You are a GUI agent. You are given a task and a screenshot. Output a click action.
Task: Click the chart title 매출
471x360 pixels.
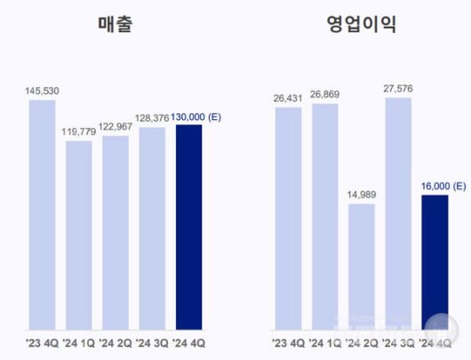[116, 24]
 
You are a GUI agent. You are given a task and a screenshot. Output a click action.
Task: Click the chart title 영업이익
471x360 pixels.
[361, 24]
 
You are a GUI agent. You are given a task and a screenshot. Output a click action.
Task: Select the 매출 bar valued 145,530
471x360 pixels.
[42, 213]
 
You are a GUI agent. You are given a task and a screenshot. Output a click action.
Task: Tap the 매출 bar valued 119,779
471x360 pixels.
[79, 234]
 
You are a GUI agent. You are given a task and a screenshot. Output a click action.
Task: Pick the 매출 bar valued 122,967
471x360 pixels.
[116, 231]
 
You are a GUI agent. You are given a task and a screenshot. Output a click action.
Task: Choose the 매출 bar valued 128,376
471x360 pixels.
[152, 228]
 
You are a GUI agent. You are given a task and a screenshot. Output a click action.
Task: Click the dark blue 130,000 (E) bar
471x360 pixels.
[189, 226]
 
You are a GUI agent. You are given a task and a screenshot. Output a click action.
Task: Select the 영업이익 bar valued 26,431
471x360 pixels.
[288, 217]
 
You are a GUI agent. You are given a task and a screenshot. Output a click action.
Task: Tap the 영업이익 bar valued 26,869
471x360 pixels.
[325, 216]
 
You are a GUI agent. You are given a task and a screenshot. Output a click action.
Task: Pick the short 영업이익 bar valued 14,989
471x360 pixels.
[362, 266]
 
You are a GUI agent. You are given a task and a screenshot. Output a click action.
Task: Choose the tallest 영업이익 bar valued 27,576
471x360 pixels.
[398, 213]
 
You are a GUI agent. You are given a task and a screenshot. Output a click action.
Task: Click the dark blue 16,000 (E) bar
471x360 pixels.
[435, 261]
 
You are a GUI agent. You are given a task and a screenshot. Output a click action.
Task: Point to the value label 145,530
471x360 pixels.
[42, 90]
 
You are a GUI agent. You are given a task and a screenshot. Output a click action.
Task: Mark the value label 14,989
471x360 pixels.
[362, 194]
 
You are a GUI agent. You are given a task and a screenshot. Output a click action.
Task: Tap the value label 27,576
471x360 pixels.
[398, 88]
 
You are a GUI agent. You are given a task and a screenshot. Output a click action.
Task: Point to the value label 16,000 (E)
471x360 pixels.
[441, 185]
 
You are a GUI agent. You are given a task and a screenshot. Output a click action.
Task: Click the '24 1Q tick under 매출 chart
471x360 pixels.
[79, 341]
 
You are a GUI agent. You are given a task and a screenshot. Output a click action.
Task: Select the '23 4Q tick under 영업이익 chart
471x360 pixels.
[288, 341]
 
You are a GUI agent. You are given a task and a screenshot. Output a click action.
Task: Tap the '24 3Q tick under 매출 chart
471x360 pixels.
[152, 341]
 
